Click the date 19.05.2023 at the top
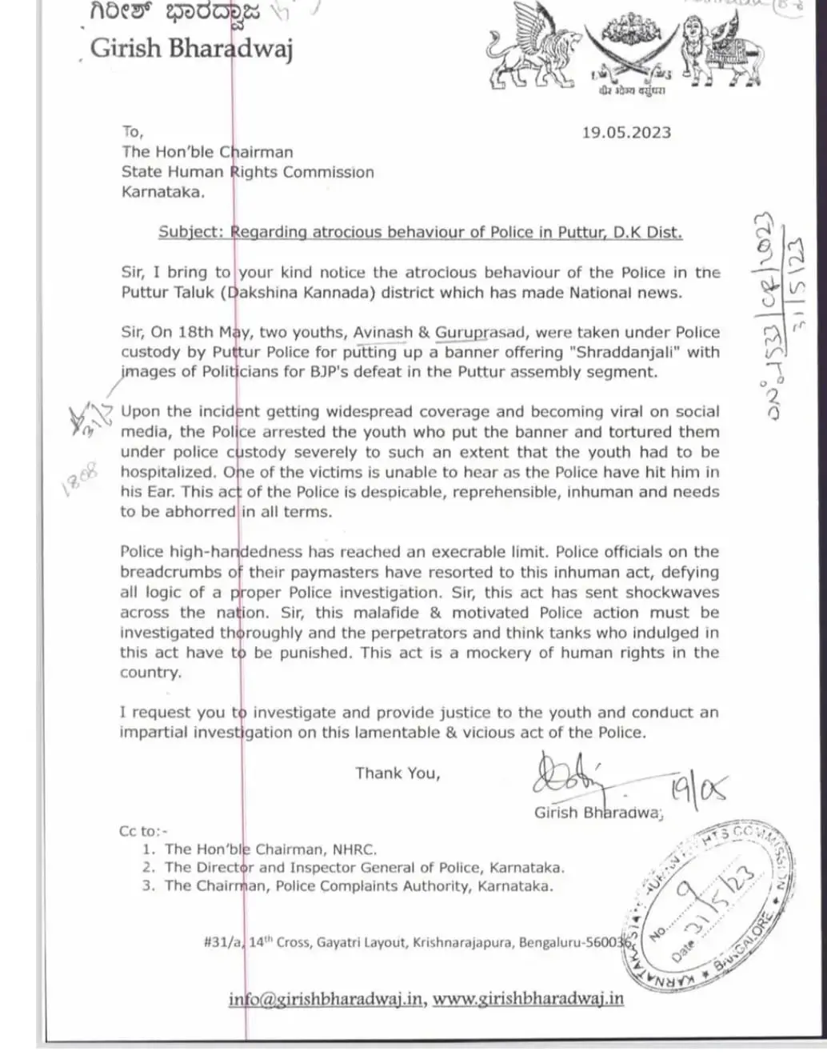point(626,133)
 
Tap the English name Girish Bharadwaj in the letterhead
point(191,49)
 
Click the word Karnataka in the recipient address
point(162,191)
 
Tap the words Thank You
point(398,773)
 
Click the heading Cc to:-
point(144,831)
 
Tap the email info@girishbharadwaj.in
point(326,999)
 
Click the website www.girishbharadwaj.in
point(528,999)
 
